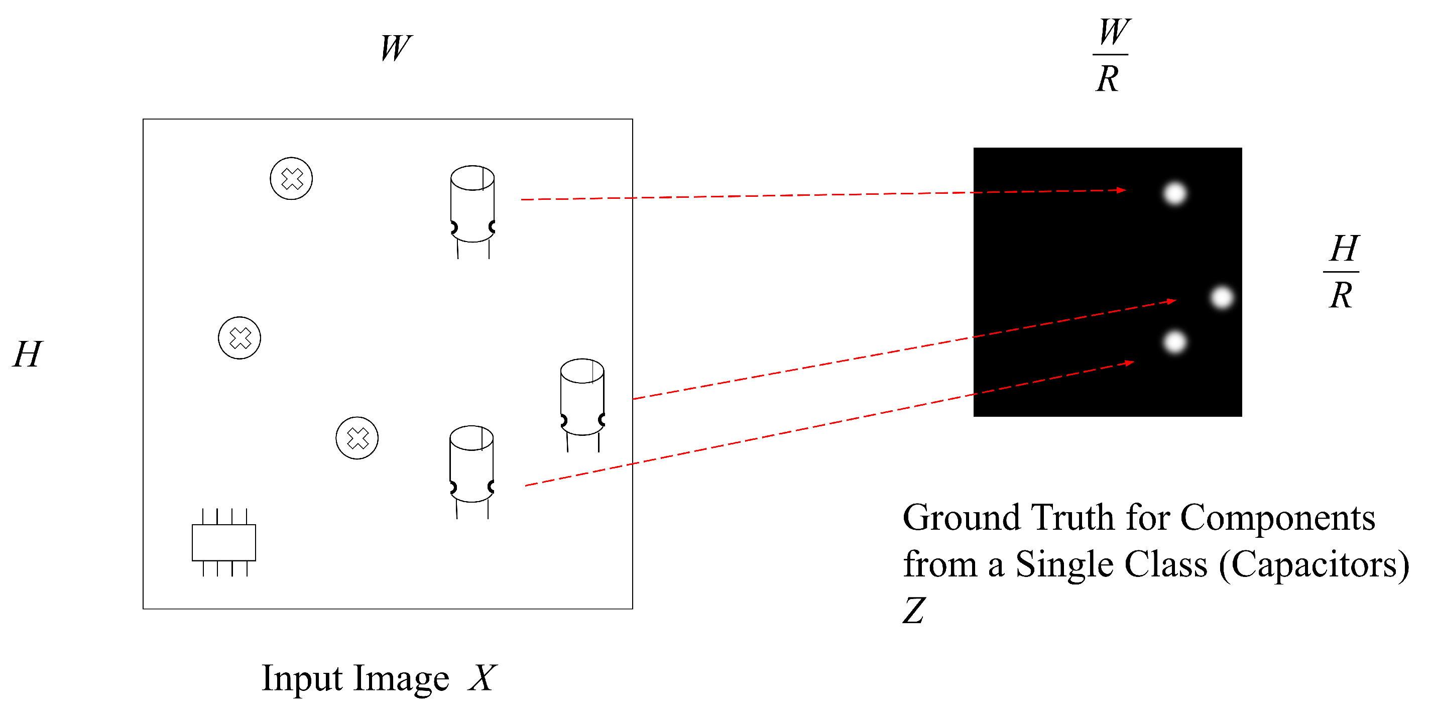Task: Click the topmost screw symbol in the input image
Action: pyautogui.click(x=291, y=179)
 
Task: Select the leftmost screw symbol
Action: pyautogui.click(x=240, y=338)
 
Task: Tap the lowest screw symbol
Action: pyautogui.click(x=357, y=438)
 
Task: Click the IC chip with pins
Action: pyautogui.click(x=224, y=542)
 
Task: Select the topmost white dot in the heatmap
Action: pyautogui.click(x=1174, y=194)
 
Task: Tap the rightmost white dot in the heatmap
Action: pyautogui.click(x=1221, y=298)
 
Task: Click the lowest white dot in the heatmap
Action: pyautogui.click(x=1174, y=342)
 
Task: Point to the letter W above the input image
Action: pyautogui.click(x=396, y=48)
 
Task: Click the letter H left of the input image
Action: pyautogui.click(x=27, y=354)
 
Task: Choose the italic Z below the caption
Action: pyautogui.click(x=914, y=611)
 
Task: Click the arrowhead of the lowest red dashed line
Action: pyautogui.click(x=1130, y=363)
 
